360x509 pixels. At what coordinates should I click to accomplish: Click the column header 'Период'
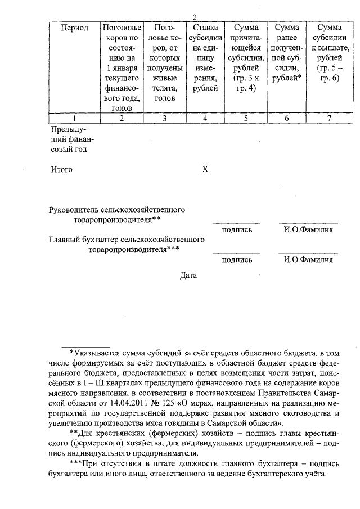[x=75, y=28]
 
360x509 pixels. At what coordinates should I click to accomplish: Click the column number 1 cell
[x=75, y=118]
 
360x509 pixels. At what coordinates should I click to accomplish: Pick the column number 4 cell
[x=205, y=118]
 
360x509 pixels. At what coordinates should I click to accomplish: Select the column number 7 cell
[x=329, y=118]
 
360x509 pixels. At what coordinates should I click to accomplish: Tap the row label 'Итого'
[x=61, y=169]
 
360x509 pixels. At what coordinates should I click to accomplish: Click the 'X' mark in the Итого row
[x=205, y=169]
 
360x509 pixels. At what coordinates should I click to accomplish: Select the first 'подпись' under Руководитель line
[x=237, y=229]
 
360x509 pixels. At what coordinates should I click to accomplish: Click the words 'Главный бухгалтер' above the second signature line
[x=82, y=240]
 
